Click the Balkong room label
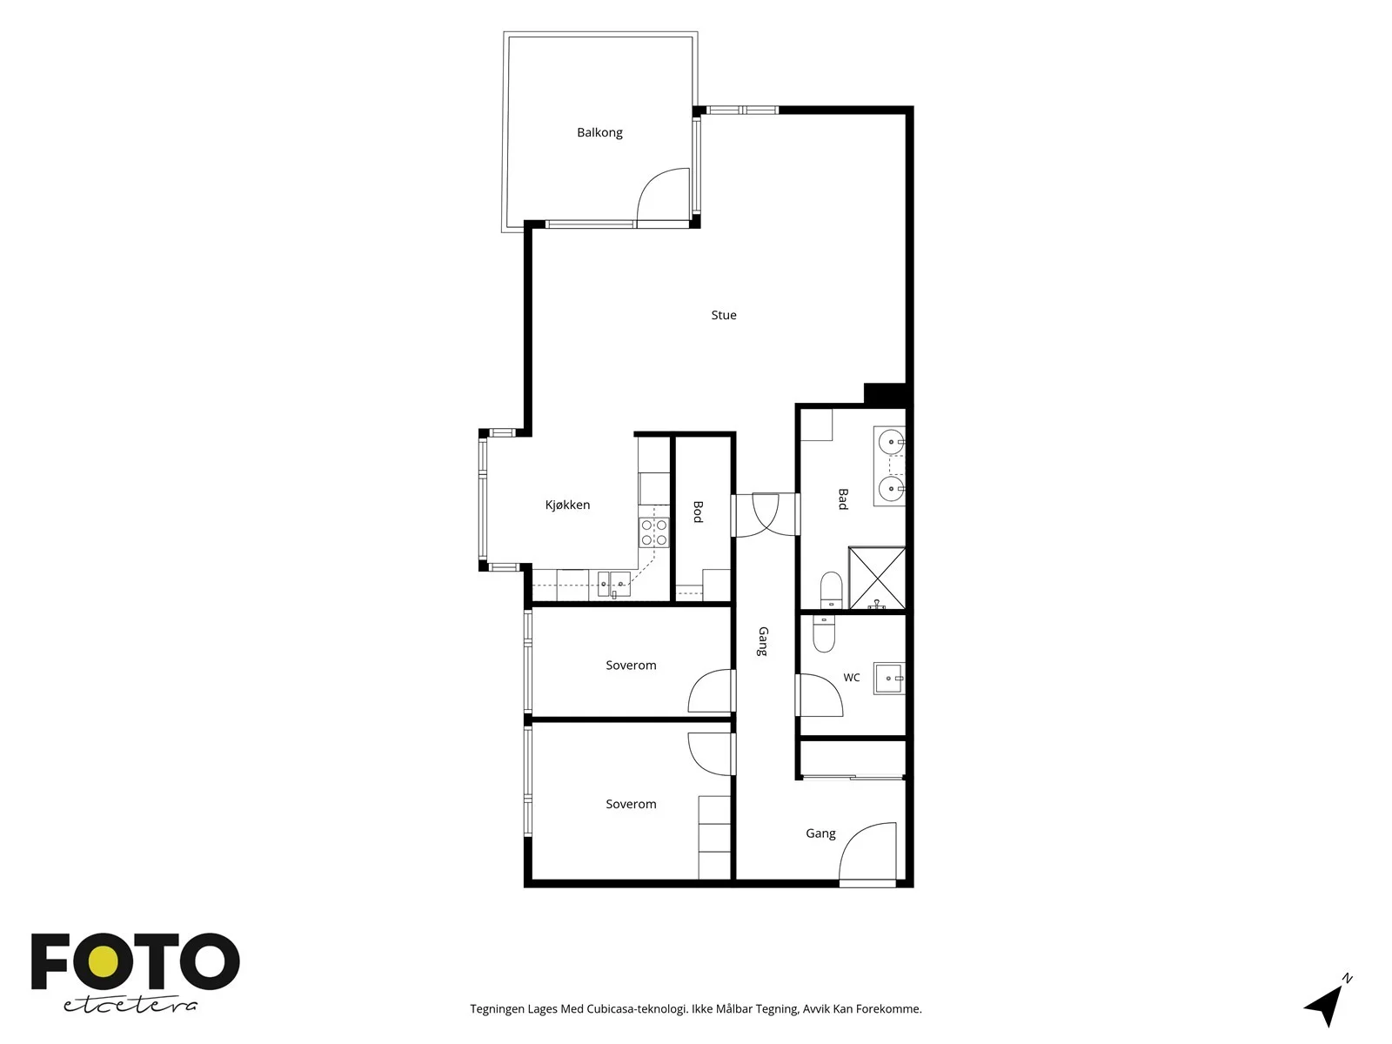pyautogui.click(x=599, y=132)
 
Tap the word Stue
pyautogui.click(x=724, y=315)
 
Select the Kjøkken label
pyautogui.click(x=567, y=505)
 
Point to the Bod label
pyautogui.click(x=698, y=512)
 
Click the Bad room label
pyautogui.click(x=843, y=499)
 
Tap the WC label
pyautogui.click(x=851, y=678)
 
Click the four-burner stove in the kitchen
pyautogui.click(x=654, y=532)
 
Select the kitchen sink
pyautogui.click(x=614, y=583)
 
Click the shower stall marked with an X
pyautogui.click(x=876, y=578)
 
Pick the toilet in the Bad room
pyautogui.click(x=831, y=590)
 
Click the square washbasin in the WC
pyautogui.click(x=889, y=679)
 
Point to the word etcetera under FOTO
pyautogui.click(x=130, y=1006)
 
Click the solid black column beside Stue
pyautogui.click(x=885, y=393)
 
